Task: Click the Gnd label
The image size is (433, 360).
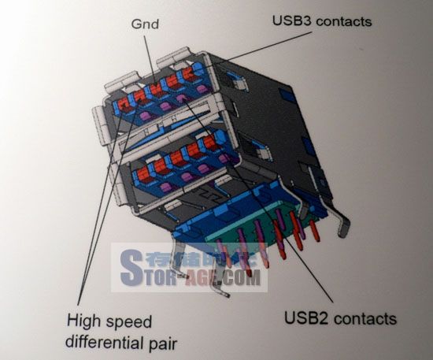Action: point(145,24)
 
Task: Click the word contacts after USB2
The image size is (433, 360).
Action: point(365,318)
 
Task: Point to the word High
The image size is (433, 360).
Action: point(83,322)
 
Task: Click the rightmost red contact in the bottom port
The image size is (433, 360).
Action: point(209,143)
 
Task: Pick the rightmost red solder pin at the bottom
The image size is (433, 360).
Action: point(315,231)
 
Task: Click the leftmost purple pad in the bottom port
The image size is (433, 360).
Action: point(166,187)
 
